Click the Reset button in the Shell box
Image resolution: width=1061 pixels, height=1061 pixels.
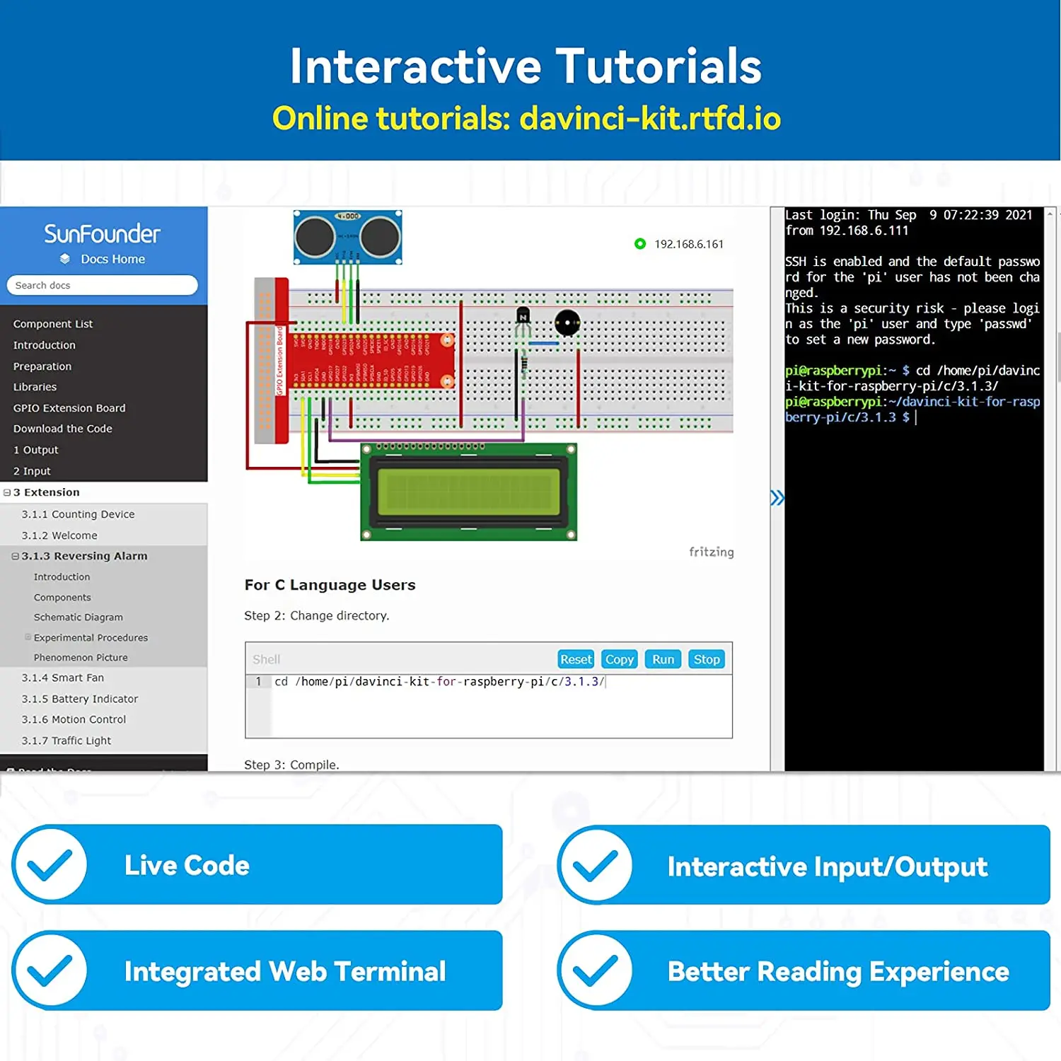point(576,659)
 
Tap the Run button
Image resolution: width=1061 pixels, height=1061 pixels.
point(663,659)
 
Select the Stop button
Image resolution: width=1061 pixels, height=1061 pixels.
point(706,659)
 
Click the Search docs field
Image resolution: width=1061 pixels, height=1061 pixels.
point(103,285)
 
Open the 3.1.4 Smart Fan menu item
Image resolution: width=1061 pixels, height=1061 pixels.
point(63,678)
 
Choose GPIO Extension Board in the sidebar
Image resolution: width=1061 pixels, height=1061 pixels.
point(69,408)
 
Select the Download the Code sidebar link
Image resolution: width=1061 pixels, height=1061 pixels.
point(63,429)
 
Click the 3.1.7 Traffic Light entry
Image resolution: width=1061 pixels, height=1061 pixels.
point(66,741)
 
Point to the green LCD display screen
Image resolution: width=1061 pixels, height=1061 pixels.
point(468,492)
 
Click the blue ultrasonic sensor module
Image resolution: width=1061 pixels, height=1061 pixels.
point(348,237)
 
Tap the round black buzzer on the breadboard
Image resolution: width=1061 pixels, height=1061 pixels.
point(567,323)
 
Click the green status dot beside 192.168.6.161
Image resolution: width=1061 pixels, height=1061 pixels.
point(640,244)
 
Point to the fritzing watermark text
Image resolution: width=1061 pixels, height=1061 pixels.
point(711,552)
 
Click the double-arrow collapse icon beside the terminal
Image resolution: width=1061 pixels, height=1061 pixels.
point(777,498)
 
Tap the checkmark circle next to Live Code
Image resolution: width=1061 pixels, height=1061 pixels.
point(50,864)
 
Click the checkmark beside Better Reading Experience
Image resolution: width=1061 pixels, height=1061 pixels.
point(595,970)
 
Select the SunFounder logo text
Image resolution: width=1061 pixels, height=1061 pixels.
point(103,233)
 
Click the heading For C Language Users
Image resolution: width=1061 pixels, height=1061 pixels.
point(330,585)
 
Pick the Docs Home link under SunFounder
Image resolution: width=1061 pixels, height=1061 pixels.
point(112,259)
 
